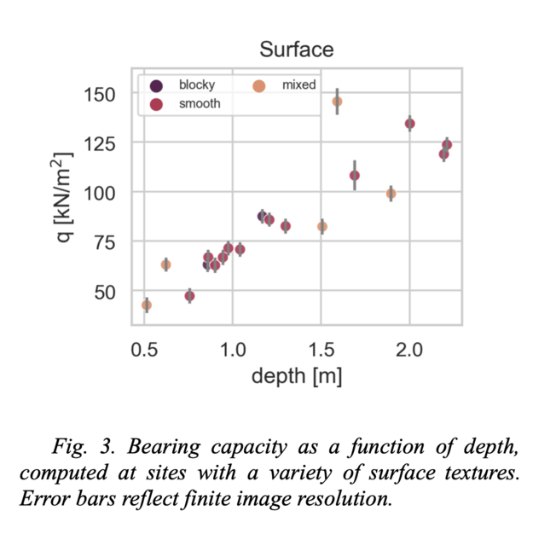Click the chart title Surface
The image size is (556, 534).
coord(296,49)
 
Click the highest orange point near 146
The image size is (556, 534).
coord(337,102)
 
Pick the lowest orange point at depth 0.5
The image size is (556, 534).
coord(147,305)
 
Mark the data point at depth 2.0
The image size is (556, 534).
coord(409,124)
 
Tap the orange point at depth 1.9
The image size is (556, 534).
coord(391,194)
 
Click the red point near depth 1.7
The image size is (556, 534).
coord(355,176)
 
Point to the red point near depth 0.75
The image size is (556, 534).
coord(189,296)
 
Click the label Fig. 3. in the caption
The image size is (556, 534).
coord(76,447)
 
